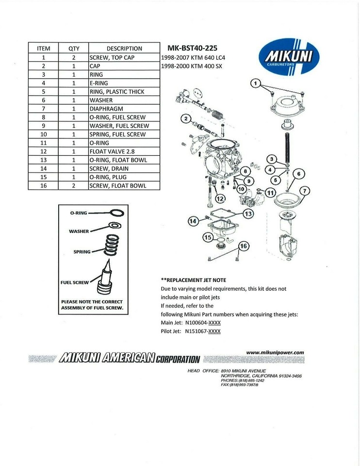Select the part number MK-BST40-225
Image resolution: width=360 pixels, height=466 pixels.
pyautogui.click(x=192, y=48)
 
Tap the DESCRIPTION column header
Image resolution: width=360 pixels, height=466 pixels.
pyautogui.click(x=124, y=49)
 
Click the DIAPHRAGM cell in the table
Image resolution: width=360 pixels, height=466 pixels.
pyautogui.click(x=124, y=109)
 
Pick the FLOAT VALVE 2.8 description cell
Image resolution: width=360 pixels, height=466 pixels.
pyautogui.click(x=124, y=151)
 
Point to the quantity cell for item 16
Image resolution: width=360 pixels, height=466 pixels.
pyautogui.click(x=74, y=185)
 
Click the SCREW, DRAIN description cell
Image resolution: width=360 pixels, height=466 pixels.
pyautogui.click(x=124, y=168)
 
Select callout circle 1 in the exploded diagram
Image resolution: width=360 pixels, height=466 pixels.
pyautogui.click(x=255, y=83)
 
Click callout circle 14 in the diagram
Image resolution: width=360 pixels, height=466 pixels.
pyautogui.click(x=193, y=221)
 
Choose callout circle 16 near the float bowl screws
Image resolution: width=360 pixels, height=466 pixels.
pyautogui.click(x=243, y=246)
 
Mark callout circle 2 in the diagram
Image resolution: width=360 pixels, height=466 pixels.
pyautogui.click(x=185, y=119)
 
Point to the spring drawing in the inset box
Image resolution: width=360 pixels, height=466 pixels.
pyautogui.click(x=112, y=245)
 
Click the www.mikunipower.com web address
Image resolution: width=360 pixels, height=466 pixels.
pyautogui.click(x=275, y=352)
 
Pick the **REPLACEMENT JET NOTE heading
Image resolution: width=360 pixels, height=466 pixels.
pyautogui.click(x=193, y=280)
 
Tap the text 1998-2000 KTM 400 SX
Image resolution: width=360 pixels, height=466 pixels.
pyautogui.click(x=191, y=66)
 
